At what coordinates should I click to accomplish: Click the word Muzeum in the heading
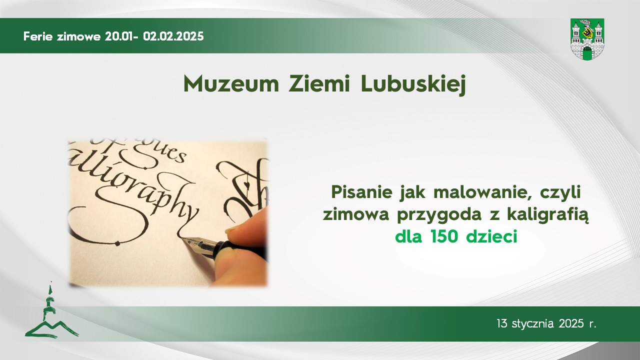coord(231,84)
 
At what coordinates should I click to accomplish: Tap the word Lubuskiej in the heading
coord(413,85)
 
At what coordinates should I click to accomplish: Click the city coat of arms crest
coord(587,39)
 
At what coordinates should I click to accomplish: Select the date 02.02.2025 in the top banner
coord(173,36)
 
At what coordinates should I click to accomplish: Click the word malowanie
coord(482,192)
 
